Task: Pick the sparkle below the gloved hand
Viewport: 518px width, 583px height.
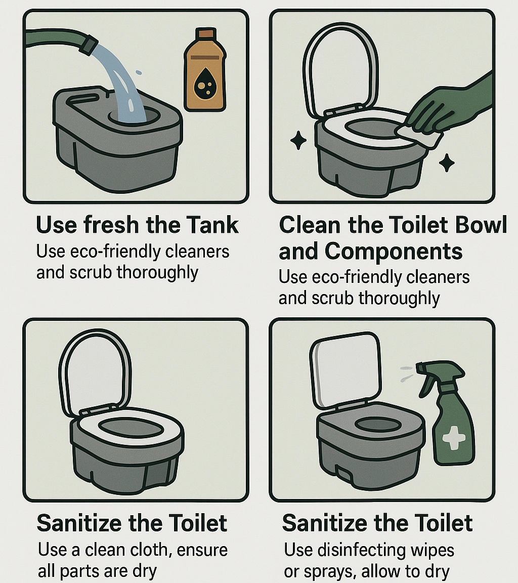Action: [x=446, y=162]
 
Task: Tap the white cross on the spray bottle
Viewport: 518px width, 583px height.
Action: [x=452, y=436]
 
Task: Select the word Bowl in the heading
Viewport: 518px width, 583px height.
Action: [x=481, y=225]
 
